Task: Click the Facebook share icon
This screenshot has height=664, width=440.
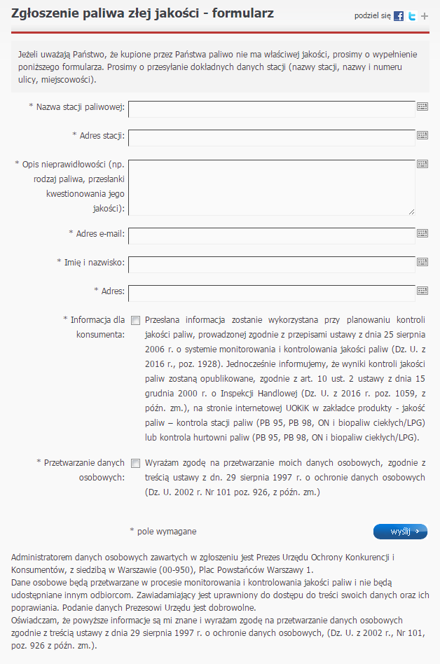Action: coord(399,16)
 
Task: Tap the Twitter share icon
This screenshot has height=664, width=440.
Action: coord(412,16)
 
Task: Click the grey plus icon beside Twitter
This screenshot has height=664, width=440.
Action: coord(425,16)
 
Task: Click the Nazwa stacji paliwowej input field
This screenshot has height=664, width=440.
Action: coord(272,108)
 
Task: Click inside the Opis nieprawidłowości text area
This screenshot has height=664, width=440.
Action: coord(272,186)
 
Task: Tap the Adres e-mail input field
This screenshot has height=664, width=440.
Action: coord(272,235)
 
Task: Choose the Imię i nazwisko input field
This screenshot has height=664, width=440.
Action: coord(272,263)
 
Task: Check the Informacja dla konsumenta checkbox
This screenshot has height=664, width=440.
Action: coord(136,320)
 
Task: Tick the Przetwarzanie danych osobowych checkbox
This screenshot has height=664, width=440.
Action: coord(136,463)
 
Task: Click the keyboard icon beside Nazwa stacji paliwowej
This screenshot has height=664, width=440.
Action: coord(422,106)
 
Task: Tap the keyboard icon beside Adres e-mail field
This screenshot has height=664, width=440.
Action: coord(422,233)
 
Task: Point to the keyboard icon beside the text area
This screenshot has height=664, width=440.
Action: coord(422,164)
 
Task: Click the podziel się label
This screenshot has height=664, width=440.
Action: coord(372,15)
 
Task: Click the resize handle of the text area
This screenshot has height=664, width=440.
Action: coord(412,211)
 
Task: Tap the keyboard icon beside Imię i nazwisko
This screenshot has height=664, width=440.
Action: coord(422,262)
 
